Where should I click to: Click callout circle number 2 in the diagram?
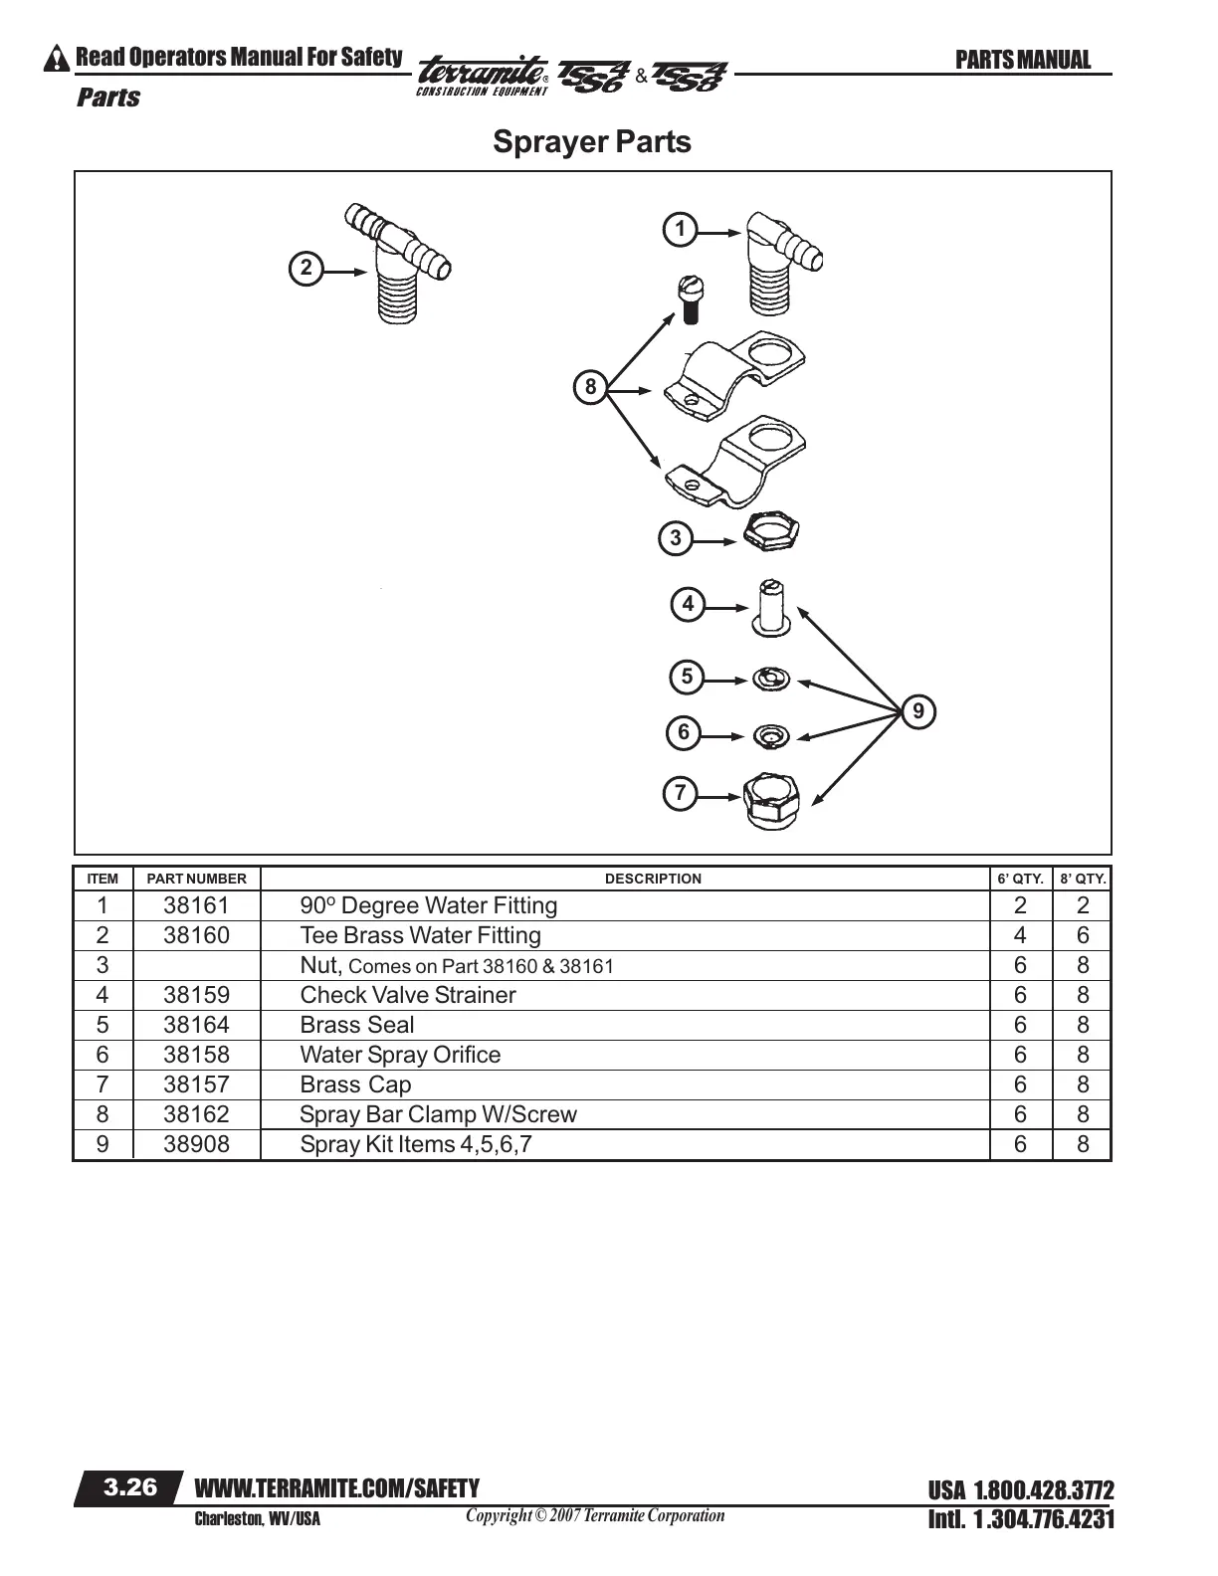[x=305, y=269]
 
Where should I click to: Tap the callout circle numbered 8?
[x=590, y=387]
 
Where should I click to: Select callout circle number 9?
[x=918, y=711]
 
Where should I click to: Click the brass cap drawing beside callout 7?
[x=772, y=799]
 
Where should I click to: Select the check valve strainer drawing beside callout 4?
[x=772, y=607]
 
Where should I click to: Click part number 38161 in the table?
[x=196, y=905]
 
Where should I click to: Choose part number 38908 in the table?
[x=196, y=1144]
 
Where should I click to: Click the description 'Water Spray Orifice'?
[x=400, y=1055]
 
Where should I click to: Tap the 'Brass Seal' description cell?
[x=357, y=1025]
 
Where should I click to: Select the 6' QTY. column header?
[x=1020, y=879]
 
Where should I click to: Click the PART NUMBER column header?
[x=196, y=879]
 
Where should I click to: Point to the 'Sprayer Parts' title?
[x=592, y=141]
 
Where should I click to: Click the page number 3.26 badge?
[x=130, y=1487]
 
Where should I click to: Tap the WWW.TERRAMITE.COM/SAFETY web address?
[x=337, y=1488]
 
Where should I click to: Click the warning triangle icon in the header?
[x=58, y=59]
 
